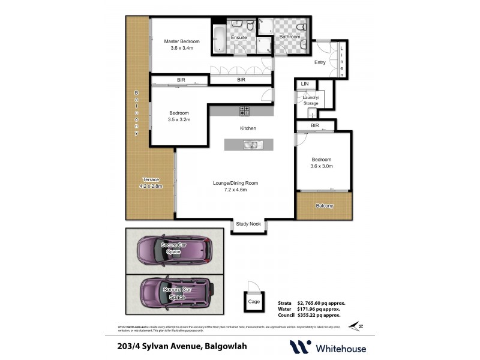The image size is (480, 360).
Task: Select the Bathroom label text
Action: coord(290,37)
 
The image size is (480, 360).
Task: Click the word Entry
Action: coord(320,62)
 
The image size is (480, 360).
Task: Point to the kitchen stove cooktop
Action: coord(245,110)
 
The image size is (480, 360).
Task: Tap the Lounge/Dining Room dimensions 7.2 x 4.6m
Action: coord(235,190)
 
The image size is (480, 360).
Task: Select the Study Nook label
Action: coord(248,224)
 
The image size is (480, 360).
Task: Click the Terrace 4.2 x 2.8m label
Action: coord(151,183)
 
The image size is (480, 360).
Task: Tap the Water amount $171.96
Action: coord(319,309)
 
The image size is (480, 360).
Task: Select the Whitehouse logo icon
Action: coord(301,347)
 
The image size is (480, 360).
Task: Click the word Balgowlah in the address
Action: coord(226,346)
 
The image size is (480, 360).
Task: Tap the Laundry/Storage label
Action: coord(311,100)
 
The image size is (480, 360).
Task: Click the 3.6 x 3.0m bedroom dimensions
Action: coord(322,166)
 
